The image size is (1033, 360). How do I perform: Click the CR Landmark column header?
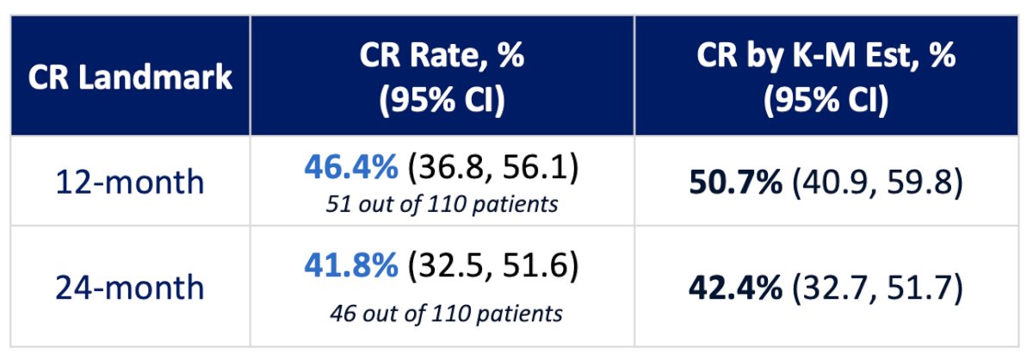pos(130,77)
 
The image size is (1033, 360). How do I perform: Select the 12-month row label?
pos(130,182)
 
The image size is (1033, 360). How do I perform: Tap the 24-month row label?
pos(130,287)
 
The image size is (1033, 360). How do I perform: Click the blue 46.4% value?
pos(351,166)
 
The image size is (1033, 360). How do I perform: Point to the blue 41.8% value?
pos(351,265)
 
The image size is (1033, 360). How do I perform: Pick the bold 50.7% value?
pos(735,182)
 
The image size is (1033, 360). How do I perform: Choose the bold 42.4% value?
pos(735,287)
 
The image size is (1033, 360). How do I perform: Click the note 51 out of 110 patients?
pos(442,204)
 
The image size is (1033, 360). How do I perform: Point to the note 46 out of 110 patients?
pos(446,313)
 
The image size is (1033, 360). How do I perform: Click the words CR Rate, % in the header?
pos(442,56)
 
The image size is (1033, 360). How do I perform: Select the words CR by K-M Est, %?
pos(826,56)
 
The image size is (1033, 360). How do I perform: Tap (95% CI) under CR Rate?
pos(442,100)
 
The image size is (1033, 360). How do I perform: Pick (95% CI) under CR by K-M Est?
pos(826,100)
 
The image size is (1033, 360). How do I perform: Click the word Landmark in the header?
pos(156,77)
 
